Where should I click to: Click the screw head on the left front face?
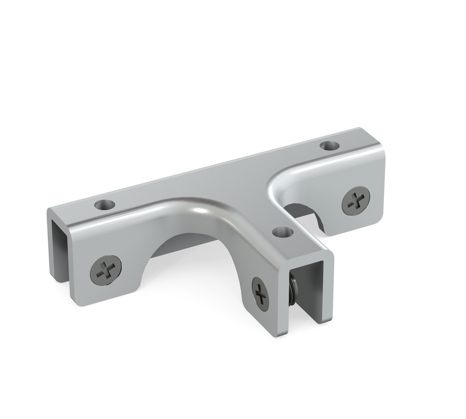[x=106, y=268]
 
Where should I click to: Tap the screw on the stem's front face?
[x=260, y=292]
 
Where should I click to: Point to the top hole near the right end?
[x=329, y=146]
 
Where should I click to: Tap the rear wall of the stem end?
[x=326, y=291]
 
